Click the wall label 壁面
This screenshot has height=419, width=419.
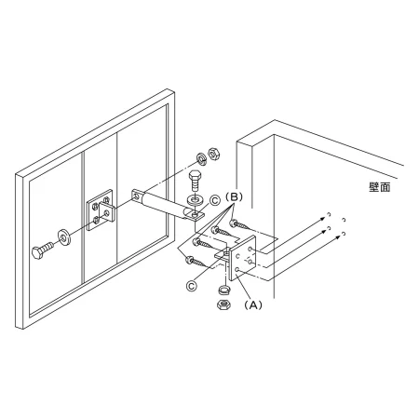tap(379, 187)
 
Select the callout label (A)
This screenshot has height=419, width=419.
tap(253, 305)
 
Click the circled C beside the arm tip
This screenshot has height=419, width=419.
tap(215, 201)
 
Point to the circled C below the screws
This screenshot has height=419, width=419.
tap(192, 286)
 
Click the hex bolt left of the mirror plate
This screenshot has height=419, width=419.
tap(43, 250)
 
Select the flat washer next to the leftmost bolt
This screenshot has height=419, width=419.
tap(64, 237)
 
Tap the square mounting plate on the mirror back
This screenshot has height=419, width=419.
tap(100, 210)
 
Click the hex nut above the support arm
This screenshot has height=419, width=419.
tap(213, 154)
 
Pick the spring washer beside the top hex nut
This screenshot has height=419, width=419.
tap(202, 158)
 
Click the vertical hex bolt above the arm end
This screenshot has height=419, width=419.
tap(195, 181)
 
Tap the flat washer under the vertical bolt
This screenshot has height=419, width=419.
tap(195, 199)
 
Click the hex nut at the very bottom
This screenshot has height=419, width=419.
tap(223, 304)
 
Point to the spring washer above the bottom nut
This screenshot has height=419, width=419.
tap(223, 291)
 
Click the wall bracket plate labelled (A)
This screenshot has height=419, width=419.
tap(243, 258)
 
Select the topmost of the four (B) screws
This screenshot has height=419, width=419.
tap(239, 224)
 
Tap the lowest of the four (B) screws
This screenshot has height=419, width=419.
tap(196, 262)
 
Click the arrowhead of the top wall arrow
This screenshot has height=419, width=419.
tap(323, 219)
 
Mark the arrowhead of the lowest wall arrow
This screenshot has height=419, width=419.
tap(338, 237)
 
